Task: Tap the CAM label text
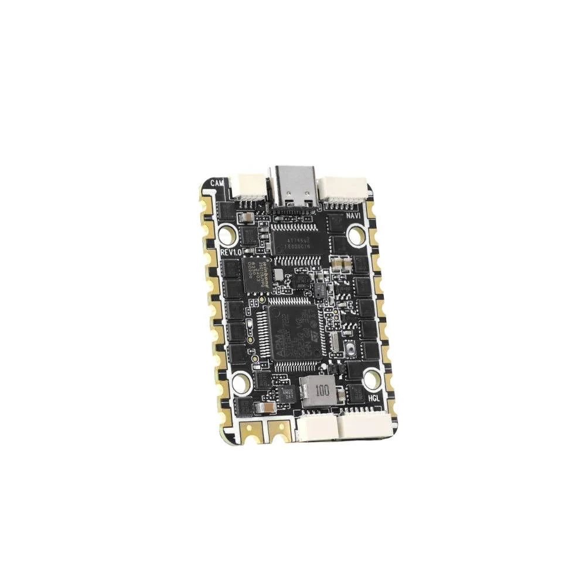(217, 182)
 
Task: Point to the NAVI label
(353, 215)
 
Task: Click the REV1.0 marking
(231, 251)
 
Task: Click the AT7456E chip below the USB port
(298, 243)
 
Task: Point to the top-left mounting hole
(227, 235)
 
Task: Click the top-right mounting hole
(356, 235)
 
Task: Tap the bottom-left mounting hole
(241, 383)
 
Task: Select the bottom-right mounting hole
(372, 379)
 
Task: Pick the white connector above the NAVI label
(343, 189)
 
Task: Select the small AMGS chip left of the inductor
(286, 394)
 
